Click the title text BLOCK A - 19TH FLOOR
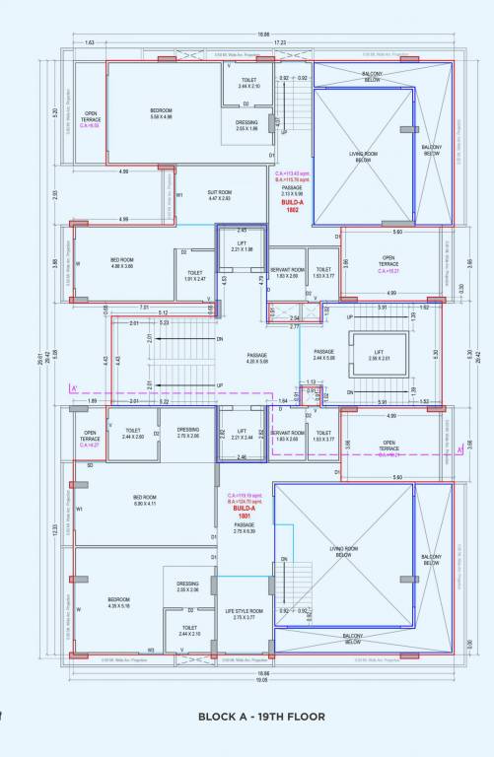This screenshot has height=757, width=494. pos(261,717)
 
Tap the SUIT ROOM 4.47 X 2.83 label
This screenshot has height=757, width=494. pos(219,195)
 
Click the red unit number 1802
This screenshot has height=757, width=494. pos(293,210)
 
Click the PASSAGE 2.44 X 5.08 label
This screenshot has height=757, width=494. pos(324,355)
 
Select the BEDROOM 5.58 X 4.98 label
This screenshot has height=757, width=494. pos(161,113)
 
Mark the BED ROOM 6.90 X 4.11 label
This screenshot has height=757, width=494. pos(145,501)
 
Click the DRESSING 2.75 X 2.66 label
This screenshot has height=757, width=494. pos(188,433)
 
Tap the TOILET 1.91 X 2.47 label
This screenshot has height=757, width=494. pos(194,276)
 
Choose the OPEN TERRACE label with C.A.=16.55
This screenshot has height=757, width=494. pos(91,119)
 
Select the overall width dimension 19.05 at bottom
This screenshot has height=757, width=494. pos(262,679)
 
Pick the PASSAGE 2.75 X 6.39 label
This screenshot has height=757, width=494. pos(244,528)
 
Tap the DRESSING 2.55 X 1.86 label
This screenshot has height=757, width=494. pos(247,125)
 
